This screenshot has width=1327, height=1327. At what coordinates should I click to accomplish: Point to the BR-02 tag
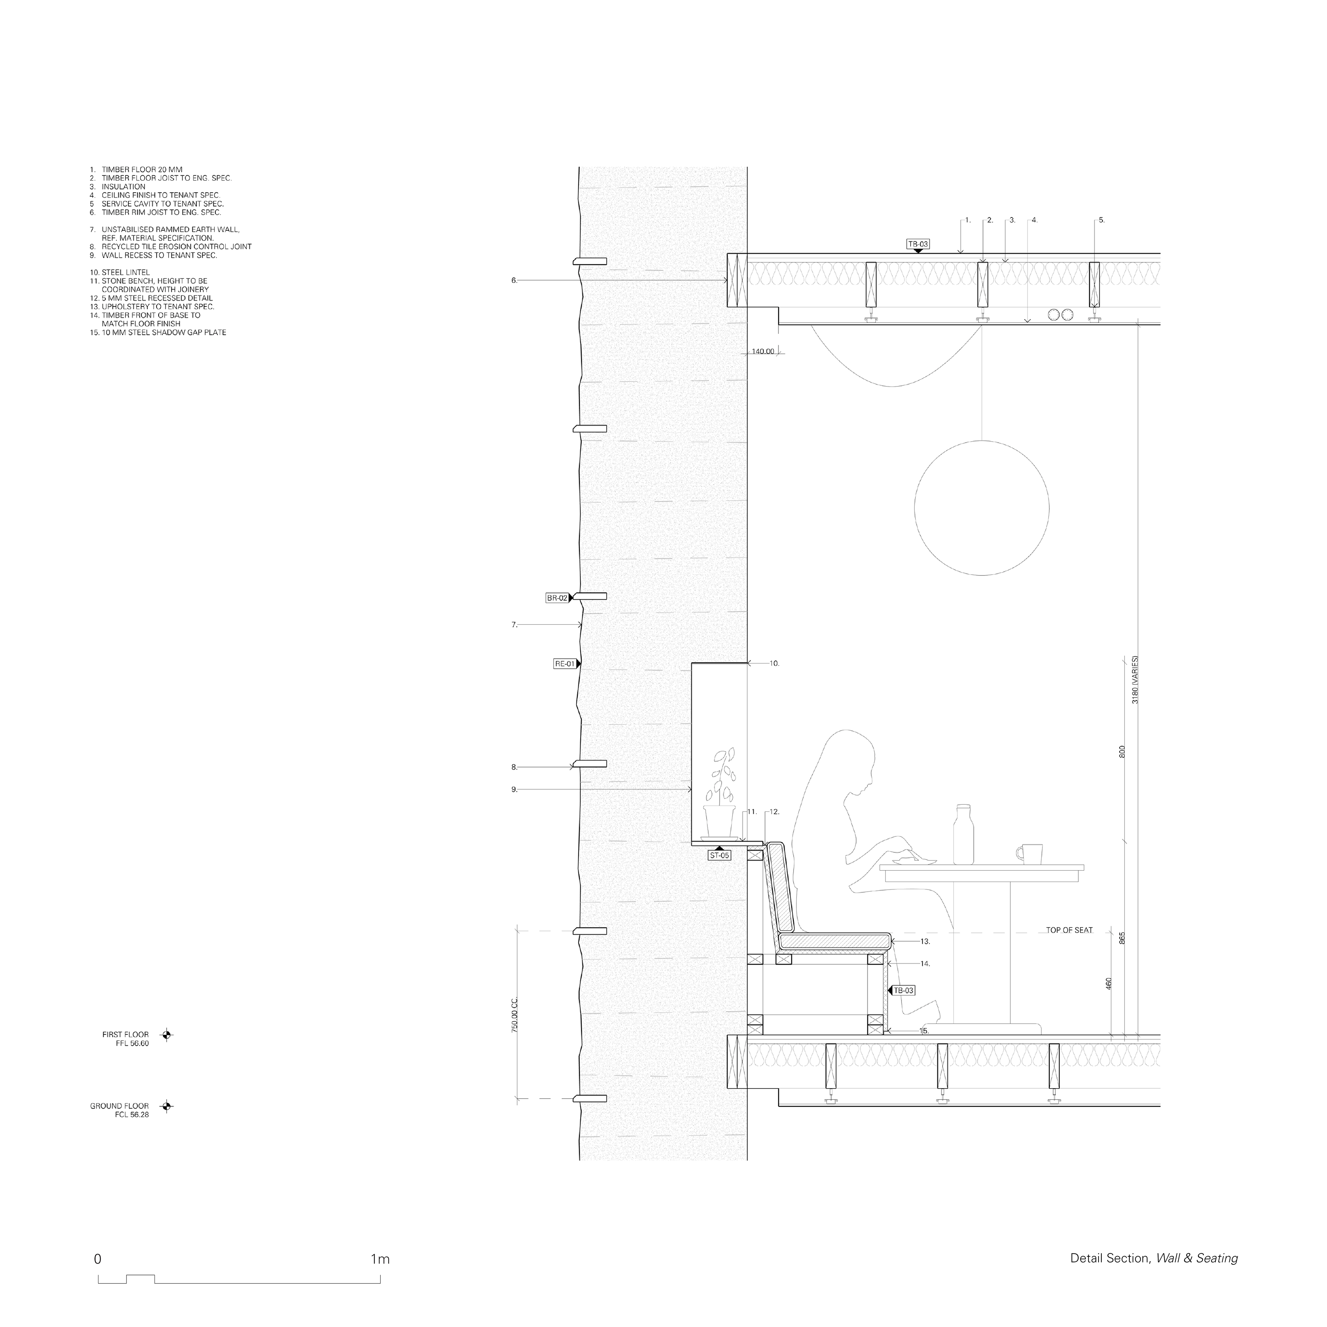[557, 598]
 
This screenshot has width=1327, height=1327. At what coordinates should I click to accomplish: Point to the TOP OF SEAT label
[1069, 930]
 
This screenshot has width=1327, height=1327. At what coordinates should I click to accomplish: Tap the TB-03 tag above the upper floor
[917, 244]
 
